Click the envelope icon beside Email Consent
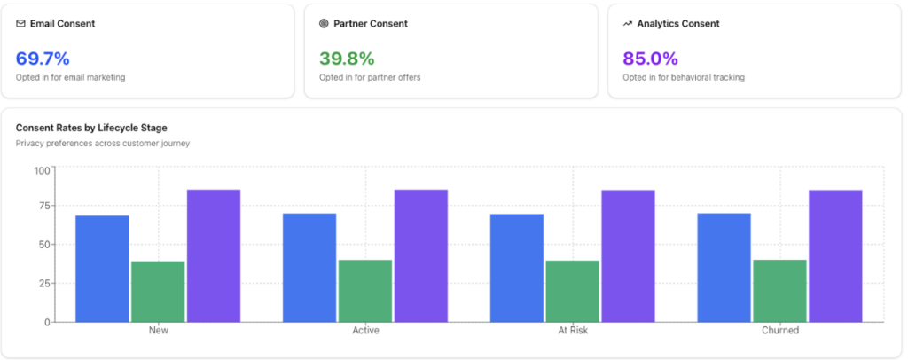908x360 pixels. pyautogui.click(x=20, y=24)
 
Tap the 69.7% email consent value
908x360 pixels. pyautogui.click(x=43, y=59)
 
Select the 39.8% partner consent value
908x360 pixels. pyautogui.click(x=347, y=59)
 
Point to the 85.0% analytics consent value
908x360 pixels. pyautogui.click(x=650, y=59)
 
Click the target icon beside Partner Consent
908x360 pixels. pyautogui.click(x=324, y=24)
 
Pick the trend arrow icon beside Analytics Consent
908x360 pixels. pyautogui.click(x=627, y=24)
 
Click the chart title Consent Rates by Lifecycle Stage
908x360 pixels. pyautogui.click(x=91, y=128)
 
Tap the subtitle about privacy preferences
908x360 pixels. pyautogui.click(x=103, y=143)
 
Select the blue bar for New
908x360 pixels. pyautogui.click(x=102, y=269)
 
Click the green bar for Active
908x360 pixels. pyautogui.click(x=364, y=291)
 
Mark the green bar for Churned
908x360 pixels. pyautogui.click(x=779, y=291)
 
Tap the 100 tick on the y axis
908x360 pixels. pyautogui.click(x=42, y=170)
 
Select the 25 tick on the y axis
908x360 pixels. pyautogui.click(x=44, y=283)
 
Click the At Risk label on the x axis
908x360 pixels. pyautogui.click(x=573, y=331)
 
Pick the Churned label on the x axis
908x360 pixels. pyautogui.click(x=780, y=331)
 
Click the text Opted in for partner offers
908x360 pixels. pyautogui.click(x=370, y=77)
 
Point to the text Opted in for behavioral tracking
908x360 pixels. pyautogui.click(x=683, y=77)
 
